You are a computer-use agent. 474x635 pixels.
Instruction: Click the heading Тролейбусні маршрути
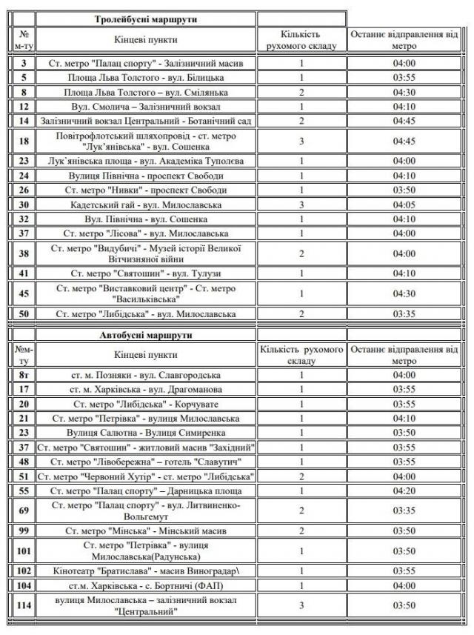click(x=146, y=19)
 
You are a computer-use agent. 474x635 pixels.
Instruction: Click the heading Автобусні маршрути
click(x=146, y=335)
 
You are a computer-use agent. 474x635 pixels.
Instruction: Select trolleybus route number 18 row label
click(x=24, y=141)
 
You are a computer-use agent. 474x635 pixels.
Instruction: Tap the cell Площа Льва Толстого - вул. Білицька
click(x=146, y=78)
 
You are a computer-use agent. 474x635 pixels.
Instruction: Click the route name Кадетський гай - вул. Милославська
click(x=146, y=205)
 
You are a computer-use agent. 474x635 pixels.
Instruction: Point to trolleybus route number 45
click(x=24, y=293)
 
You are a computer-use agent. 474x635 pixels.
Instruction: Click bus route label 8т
click(x=24, y=375)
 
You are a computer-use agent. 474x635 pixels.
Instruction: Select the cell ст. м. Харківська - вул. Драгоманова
click(x=146, y=389)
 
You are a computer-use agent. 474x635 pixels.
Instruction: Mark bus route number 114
click(x=24, y=605)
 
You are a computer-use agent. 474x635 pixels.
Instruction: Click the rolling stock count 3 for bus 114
click(x=302, y=605)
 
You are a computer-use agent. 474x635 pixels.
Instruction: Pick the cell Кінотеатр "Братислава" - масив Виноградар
click(x=146, y=571)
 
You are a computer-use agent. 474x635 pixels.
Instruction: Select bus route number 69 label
click(x=24, y=511)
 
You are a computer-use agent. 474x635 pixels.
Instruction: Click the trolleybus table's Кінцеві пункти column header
click(x=146, y=39)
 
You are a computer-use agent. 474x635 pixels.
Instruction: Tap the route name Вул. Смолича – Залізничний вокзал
click(x=146, y=107)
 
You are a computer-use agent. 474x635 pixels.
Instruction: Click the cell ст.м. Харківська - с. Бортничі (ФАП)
click(x=146, y=585)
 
